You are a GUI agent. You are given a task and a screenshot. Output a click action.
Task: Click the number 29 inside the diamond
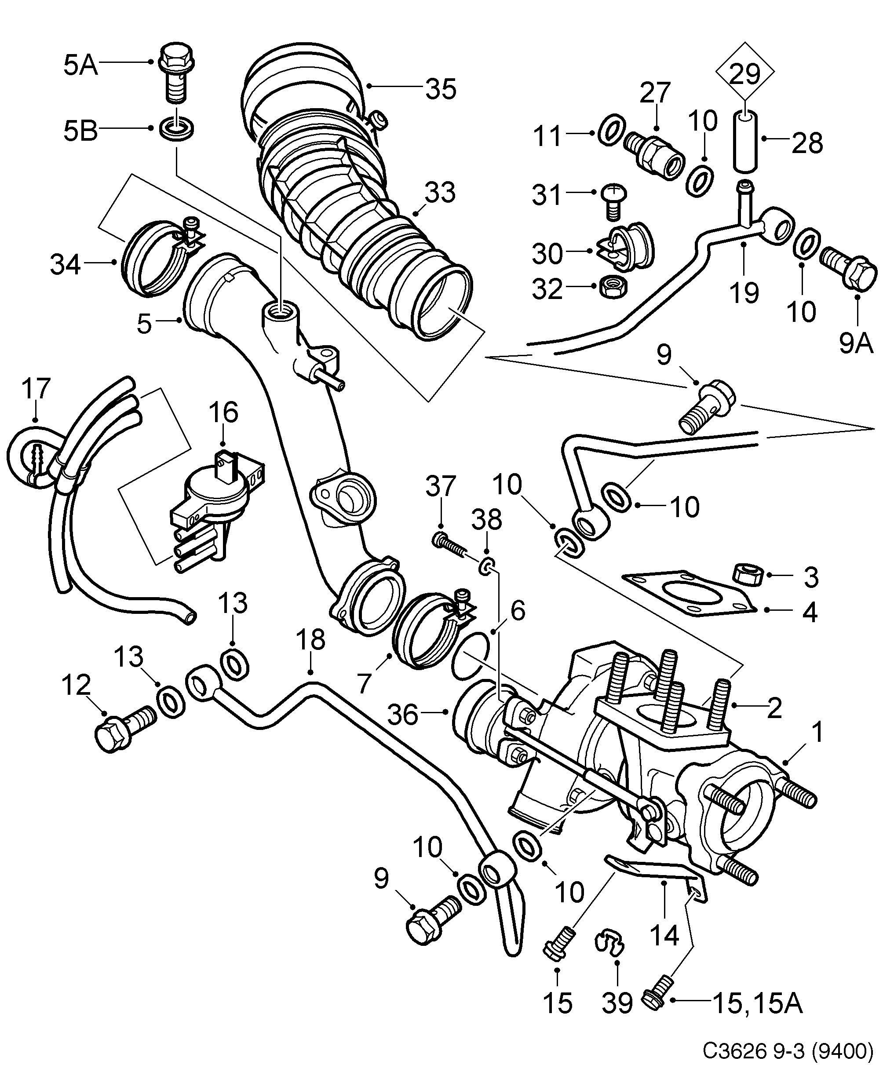click(745, 74)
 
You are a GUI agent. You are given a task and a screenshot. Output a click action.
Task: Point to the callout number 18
click(310, 640)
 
